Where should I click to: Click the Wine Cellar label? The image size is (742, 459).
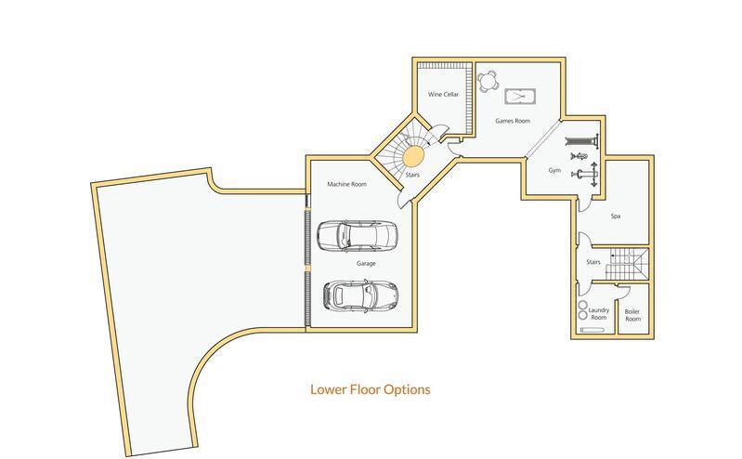coord(443,95)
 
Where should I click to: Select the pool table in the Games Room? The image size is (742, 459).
coord(517,96)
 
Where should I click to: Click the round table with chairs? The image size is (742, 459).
coord(488,80)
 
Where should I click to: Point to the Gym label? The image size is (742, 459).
coord(554,171)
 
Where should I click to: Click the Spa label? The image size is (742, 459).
coord(615,216)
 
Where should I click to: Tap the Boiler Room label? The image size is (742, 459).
coord(632,315)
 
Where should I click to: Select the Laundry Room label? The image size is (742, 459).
coord(599,314)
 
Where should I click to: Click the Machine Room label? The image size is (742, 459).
coord(346,185)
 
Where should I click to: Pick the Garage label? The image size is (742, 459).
coord(365,263)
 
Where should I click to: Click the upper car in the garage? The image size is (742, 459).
coord(357,236)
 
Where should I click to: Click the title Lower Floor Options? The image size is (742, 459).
coord(370,390)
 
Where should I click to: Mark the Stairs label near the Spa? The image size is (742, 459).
coord(593,263)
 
